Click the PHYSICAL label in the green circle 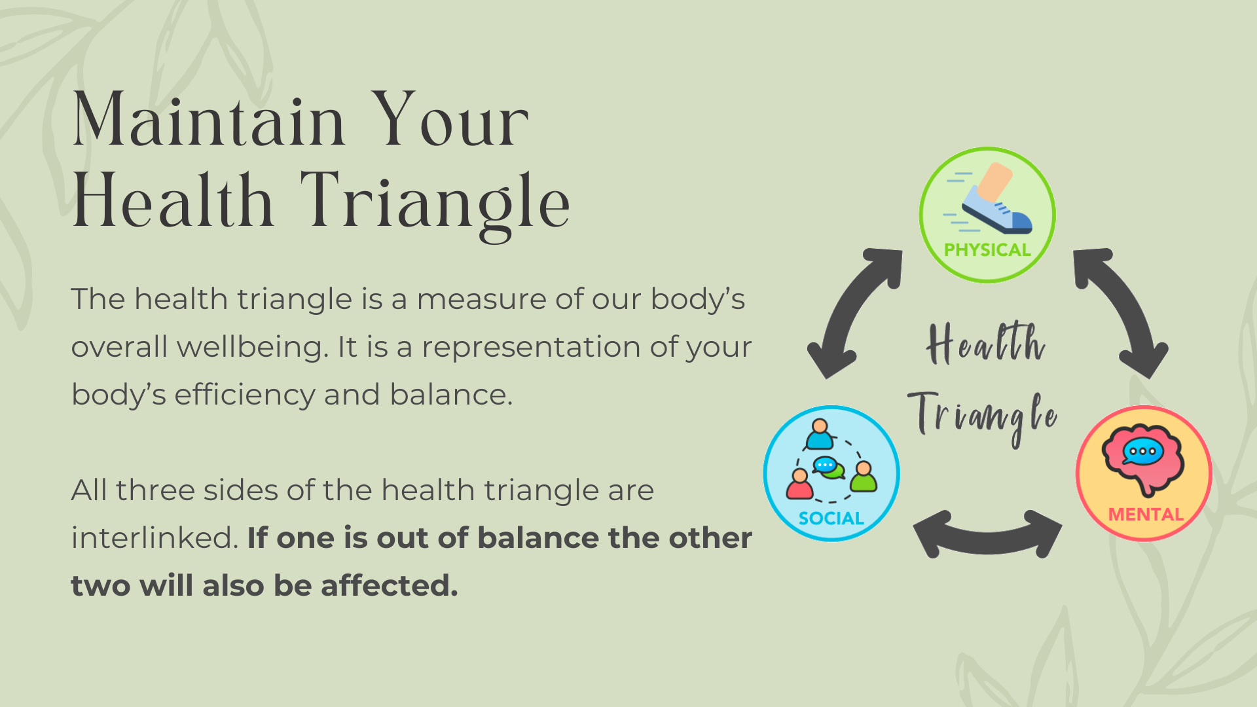pos(987,250)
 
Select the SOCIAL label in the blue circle pos(831,518)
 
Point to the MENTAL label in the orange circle pos(1146,515)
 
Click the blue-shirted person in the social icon pos(819,434)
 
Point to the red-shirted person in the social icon pos(799,484)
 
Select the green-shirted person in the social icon pos(864,477)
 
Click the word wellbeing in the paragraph pos(252,346)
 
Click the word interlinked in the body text pos(155,537)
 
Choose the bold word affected pos(390,585)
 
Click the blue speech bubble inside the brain pos(1142,452)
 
